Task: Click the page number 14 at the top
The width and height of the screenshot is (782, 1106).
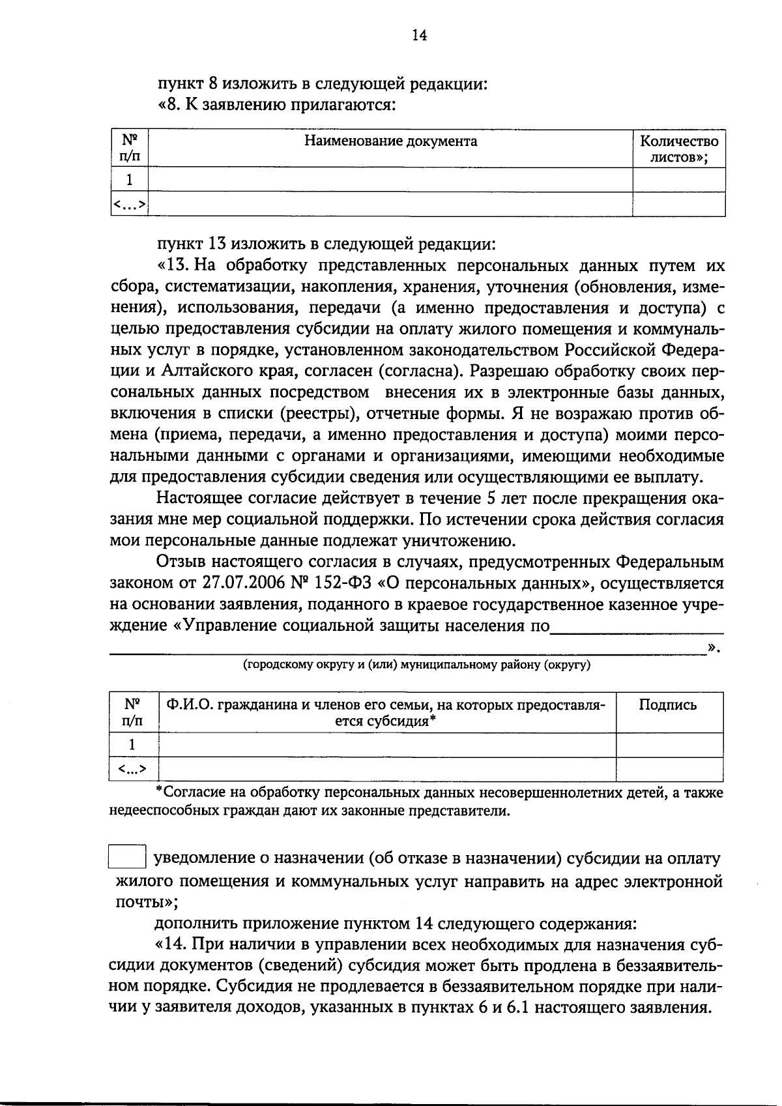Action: pos(419,35)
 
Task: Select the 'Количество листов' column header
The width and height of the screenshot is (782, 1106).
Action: pos(679,149)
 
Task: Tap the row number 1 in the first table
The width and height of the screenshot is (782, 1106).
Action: pos(130,179)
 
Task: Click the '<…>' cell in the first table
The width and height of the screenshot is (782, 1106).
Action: pos(130,205)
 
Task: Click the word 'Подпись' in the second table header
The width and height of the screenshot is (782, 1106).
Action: pos(667,705)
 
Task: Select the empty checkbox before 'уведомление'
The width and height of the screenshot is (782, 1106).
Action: pos(126,856)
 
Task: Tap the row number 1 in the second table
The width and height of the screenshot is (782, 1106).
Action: pos(133,745)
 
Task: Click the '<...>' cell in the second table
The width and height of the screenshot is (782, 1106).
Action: pos(133,770)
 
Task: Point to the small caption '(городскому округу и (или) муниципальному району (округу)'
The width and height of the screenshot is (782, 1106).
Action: pos(416,665)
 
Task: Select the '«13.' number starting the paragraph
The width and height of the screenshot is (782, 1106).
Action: pos(171,266)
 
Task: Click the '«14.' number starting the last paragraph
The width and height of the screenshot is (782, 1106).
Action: pos(171,946)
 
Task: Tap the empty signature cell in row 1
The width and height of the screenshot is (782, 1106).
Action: pos(669,745)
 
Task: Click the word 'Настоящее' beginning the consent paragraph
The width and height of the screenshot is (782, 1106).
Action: pos(198,499)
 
